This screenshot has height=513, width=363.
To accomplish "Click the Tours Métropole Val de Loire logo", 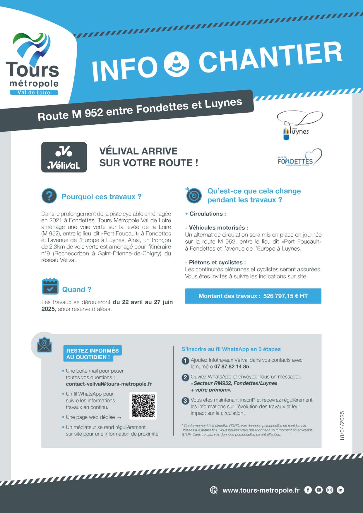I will click(33, 64).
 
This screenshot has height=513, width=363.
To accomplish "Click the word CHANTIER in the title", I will click(270, 58).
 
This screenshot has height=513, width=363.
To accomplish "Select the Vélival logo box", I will click(64, 157).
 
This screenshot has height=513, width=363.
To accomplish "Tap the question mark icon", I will click(49, 196).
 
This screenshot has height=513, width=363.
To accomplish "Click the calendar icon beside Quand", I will click(50, 286).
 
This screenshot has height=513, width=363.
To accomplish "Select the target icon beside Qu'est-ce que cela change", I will click(194, 195).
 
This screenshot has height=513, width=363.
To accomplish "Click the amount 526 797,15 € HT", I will click(285, 296).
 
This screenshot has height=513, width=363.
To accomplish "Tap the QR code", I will click(143, 406).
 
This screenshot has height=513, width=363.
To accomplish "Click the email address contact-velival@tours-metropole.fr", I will click(109, 384).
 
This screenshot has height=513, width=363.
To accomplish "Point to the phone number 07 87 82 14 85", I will click(232, 366).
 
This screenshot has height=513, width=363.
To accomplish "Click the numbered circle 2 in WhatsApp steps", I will click(185, 377).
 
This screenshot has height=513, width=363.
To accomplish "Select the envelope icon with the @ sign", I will click(44, 345).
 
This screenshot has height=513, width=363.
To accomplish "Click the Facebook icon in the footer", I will click(308, 490).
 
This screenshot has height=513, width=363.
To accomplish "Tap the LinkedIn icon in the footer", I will click(340, 490).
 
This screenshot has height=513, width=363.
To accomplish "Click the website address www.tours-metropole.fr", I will click(261, 490).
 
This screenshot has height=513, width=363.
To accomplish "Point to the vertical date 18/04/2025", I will click(342, 426).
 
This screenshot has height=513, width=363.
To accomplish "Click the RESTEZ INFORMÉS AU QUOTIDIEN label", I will click(92, 354).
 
